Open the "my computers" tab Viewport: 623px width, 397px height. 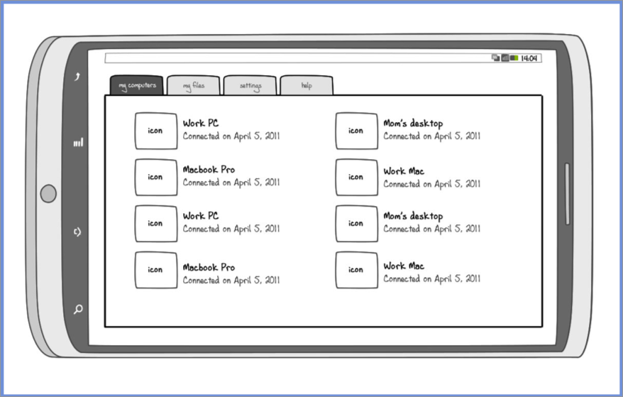click(137, 86)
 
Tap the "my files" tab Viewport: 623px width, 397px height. click(193, 86)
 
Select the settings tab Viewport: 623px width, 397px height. click(250, 86)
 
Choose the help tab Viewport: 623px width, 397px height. click(307, 86)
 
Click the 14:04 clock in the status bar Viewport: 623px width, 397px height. click(529, 58)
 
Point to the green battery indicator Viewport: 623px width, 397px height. click(514, 58)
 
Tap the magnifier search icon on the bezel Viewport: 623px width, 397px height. click(78, 309)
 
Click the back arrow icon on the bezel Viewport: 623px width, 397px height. click(78, 77)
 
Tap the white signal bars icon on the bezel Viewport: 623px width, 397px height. click(78, 143)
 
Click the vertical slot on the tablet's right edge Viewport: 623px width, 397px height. click(567, 194)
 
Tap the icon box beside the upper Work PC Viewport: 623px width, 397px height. click(156, 131)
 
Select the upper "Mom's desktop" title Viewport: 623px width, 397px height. click(413, 124)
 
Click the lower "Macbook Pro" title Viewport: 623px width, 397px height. click(209, 268)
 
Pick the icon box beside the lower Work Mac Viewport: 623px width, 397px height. click(356, 270)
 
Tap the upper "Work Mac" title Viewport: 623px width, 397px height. click(404, 171)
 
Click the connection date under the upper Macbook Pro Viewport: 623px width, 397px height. click(231, 183)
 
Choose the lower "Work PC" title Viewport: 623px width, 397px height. click(201, 216)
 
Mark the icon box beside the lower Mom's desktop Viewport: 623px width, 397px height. click(356, 224)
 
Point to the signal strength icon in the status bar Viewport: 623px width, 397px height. click(505, 58)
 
